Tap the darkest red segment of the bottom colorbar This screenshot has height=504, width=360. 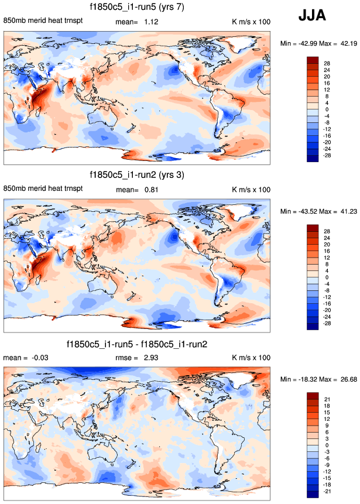coord(312,396)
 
